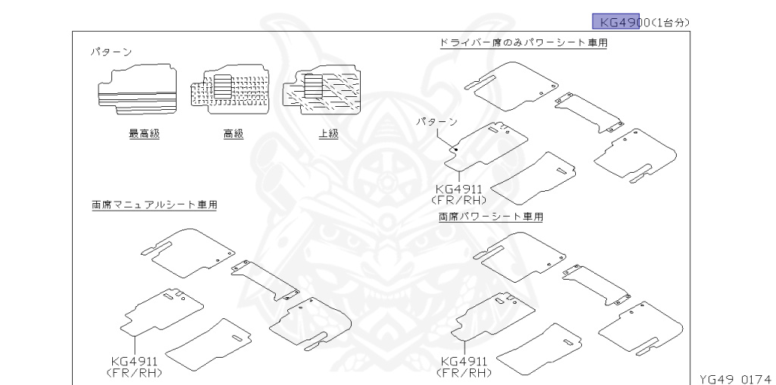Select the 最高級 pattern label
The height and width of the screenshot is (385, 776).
144,133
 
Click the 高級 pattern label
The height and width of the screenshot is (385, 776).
233,133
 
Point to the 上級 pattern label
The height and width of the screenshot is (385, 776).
328,133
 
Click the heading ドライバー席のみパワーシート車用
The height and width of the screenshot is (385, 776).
524,42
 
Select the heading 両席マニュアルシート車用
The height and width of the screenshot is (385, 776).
154,205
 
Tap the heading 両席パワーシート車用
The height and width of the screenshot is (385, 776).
491,217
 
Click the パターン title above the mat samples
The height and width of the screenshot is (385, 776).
111,52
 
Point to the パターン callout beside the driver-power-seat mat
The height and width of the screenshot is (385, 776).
437,121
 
